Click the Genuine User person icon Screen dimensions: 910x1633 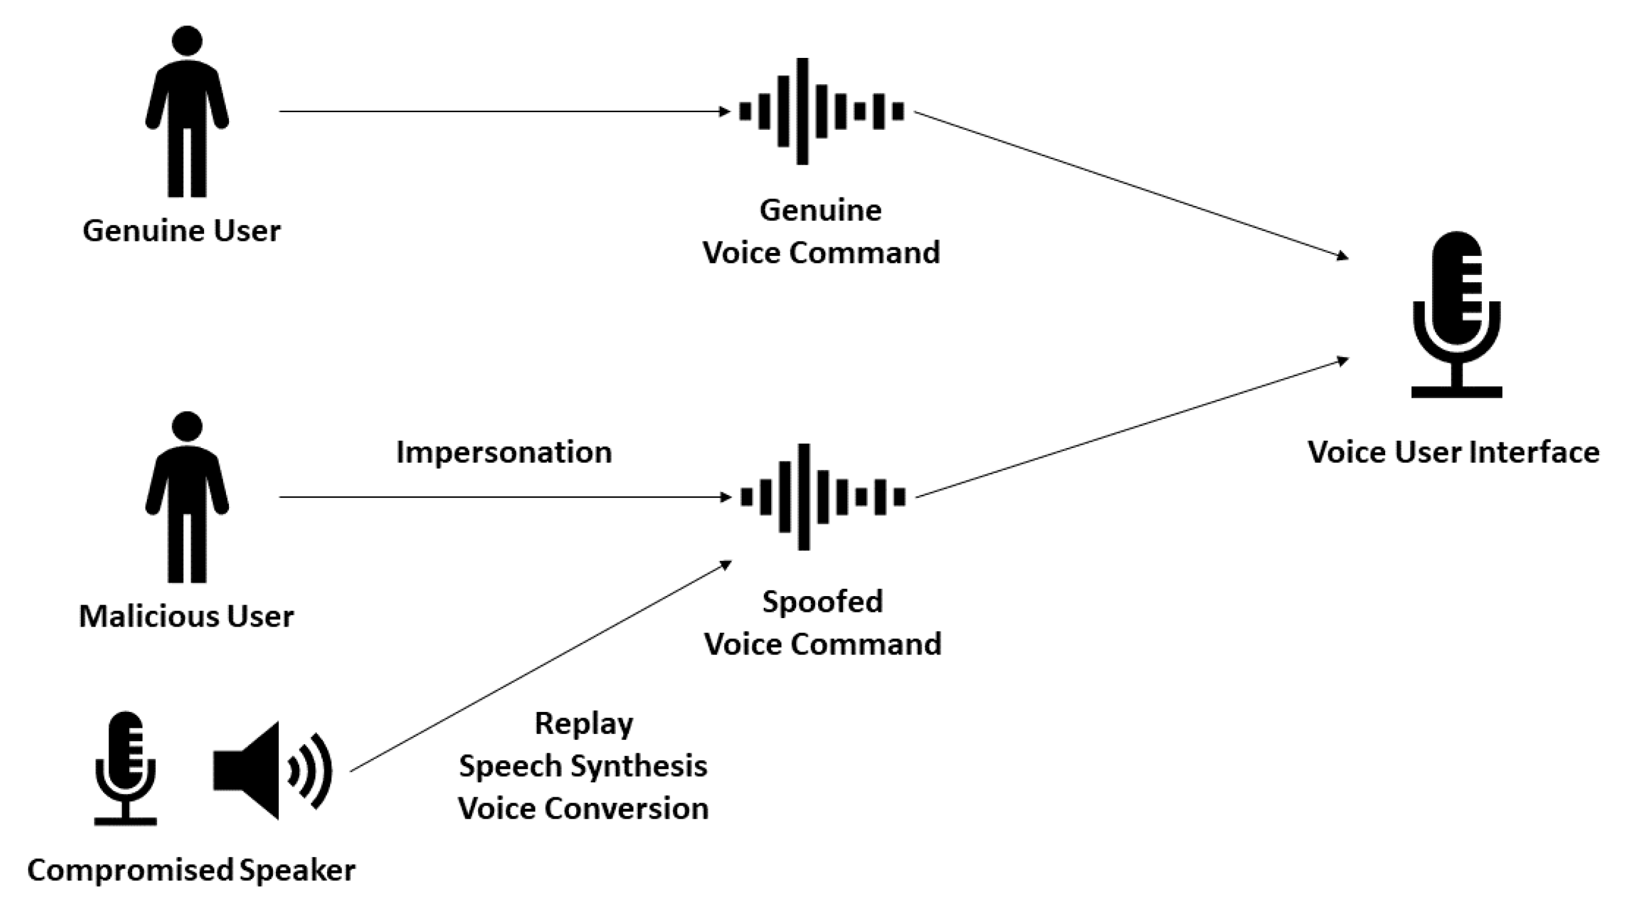tap(187, 114)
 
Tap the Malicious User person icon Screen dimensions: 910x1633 tap(187, 501)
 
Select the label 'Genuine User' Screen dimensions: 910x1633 tap(182, 231)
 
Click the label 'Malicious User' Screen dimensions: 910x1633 tap(186, 616)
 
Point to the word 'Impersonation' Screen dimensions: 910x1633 tap(504, 453)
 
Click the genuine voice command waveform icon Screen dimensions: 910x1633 tap(821, 112)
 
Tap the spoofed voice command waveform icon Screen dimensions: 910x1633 tap(822, 497)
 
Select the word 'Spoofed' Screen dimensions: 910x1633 tap(822, 602)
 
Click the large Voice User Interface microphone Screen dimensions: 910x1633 tap(1456, 314)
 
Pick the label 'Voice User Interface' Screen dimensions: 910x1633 tap(1453, 453)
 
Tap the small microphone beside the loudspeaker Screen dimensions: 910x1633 tap(125, 767)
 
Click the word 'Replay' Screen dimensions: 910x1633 tap(584, 723)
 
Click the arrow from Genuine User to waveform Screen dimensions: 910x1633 tap(504, 112)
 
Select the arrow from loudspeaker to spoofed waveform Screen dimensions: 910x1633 tap(539, 666)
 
